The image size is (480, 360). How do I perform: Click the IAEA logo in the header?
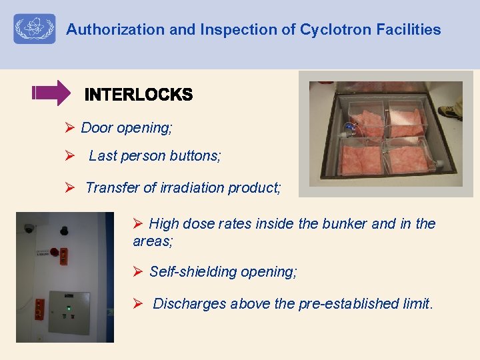[35, 29]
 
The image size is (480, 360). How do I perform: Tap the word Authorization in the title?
[105, 30]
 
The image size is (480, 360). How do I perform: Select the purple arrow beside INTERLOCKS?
[51, 93]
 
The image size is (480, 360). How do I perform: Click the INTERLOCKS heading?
[139, 95]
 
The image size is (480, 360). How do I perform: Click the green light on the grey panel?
[68, 308]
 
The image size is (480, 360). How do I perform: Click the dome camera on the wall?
[29, 228]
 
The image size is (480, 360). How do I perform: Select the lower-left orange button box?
[39, 309]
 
